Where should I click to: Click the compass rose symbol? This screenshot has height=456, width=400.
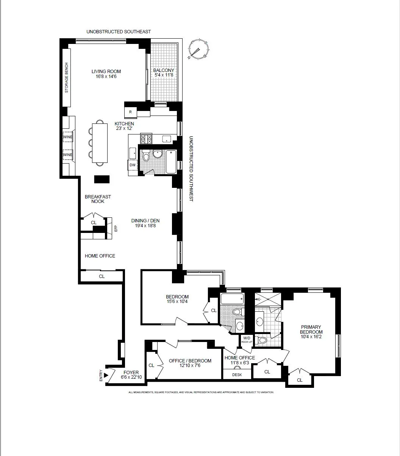point(198,49)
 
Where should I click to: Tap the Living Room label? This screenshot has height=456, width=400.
point(106,71)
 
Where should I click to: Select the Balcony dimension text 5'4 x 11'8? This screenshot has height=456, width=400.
point(164,75)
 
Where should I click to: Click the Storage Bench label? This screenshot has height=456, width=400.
point(67,78)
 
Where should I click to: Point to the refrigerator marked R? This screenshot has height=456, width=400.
point(130,112)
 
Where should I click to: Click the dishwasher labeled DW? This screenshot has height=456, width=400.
point(132,165)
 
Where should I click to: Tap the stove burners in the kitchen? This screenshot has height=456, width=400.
point(146,139)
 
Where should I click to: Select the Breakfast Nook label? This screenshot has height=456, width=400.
point(95,199)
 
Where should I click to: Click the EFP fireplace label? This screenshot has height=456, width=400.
point(116,228)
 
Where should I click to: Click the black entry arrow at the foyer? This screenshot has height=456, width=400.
point(106,375)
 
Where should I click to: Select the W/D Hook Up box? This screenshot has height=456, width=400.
point(247,340)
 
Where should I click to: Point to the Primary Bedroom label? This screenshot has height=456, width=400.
point(311,329)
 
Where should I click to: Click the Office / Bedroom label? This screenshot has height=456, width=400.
point(190,361)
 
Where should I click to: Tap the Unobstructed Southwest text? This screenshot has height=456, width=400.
point(191,169)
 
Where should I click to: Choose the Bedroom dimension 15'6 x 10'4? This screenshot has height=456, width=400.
point(177,302)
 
